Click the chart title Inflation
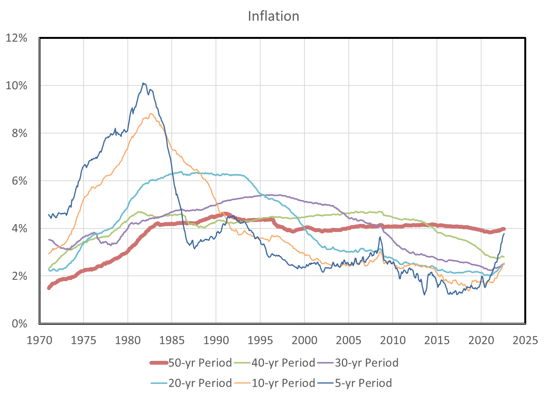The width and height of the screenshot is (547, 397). (273, 16)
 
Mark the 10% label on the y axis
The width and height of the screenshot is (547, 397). (16, 85)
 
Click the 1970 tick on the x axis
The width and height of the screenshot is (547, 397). (39, 340)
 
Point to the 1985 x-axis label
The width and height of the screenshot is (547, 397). (172, 340)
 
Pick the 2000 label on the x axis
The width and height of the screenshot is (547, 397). (304, 340)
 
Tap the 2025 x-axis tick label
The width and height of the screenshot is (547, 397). (525, 340)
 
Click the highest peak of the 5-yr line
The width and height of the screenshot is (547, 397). (143, 83)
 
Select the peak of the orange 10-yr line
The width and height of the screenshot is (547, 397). (151, 113)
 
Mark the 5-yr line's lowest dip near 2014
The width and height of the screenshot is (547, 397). (424, 295)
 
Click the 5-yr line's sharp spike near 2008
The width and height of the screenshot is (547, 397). (380, 237)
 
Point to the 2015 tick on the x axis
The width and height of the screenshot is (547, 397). (437, 340)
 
